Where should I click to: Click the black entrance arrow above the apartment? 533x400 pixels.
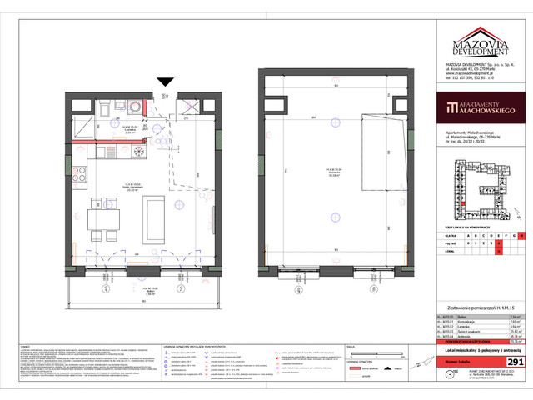coord(165,81)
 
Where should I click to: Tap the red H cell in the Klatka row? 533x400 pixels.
coord(522,236)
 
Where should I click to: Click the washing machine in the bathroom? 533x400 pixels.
coord(136,108)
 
